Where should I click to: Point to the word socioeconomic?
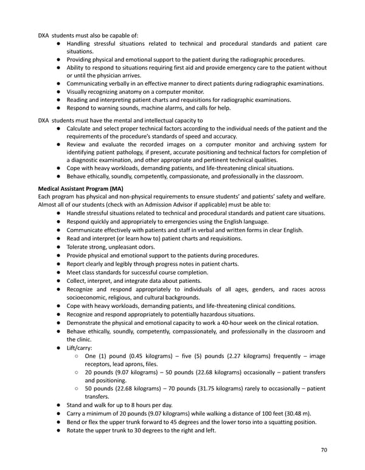pyautogui.click(x=91, y=297)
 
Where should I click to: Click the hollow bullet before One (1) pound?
pyautogui.click(x=76, y=357)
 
